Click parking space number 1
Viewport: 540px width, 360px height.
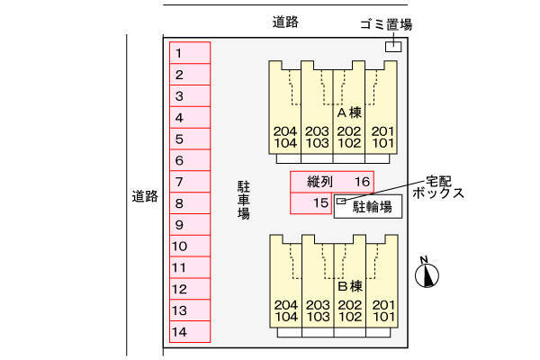pos(190,53)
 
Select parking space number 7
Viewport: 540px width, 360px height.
pos(190,182)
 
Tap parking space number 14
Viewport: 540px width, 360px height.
pos(190,332)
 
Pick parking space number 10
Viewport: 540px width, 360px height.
pos(190,247)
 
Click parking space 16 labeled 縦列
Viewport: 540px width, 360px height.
pos(331,182)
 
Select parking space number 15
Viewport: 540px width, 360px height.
pos(311,203)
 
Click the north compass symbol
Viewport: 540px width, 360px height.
pos(427,274)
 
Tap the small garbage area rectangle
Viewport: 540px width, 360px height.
pos(392,47)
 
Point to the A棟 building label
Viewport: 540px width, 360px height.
pos(349,114)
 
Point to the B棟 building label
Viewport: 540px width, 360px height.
pos(349,287)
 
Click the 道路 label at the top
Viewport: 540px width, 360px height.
pos(285,22)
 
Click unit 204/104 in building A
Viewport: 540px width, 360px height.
pos(284,137)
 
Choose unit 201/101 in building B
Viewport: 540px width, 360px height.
pos(383,310)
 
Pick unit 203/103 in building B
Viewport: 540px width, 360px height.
pos(317,310)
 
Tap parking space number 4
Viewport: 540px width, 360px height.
pos(190,117)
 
